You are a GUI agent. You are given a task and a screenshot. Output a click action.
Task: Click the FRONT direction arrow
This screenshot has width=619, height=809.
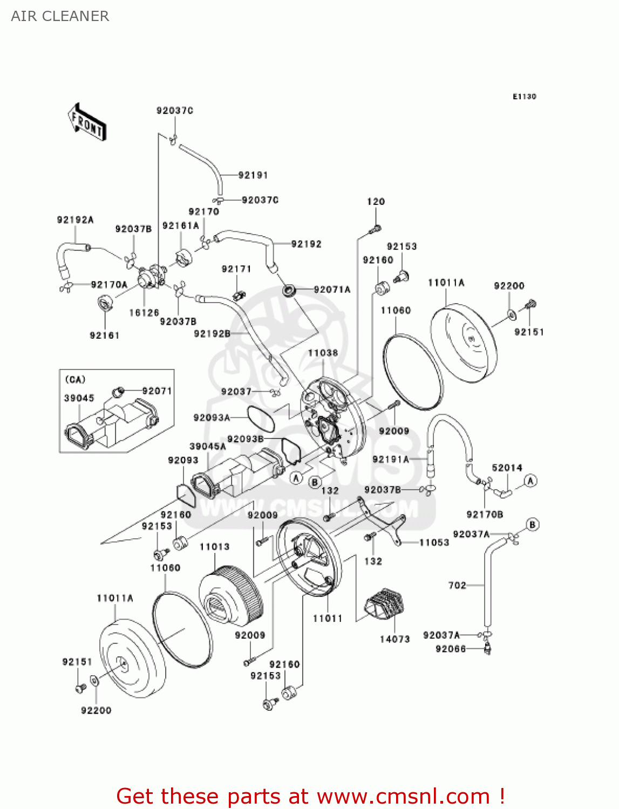click(x=86, y=122)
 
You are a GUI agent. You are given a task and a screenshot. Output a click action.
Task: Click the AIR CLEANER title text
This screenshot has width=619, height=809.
click(x=60, y=16)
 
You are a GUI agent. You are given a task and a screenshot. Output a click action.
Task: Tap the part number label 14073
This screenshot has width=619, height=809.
click(x=394, y=639)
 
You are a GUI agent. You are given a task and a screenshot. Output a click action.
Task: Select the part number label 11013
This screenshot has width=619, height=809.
click(x=214, y=547)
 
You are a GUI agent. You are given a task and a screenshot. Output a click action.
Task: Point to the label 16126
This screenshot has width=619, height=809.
click(x=144, y=313)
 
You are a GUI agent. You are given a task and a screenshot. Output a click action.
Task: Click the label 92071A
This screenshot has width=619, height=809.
click(x=332, y=290)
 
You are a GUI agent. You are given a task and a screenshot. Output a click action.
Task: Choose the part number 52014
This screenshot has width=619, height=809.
click(x=507, y=468)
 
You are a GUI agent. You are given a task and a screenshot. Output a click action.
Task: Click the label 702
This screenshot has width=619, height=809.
click(x=457, y=585)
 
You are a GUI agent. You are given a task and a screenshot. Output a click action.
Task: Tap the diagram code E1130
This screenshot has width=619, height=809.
click(x=524, y=97)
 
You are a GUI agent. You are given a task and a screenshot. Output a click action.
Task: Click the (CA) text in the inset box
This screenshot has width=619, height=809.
click(x=76, y=380)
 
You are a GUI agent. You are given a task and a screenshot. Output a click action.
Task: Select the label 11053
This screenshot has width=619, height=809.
click(x=434, y=543)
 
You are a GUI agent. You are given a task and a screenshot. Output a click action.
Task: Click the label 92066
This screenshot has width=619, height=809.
click(x=451, y=649)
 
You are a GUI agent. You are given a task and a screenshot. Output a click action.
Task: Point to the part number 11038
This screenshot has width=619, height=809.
click(x=323, y=353)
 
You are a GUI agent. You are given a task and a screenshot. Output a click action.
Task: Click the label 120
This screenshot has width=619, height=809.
click(x=376, y=202)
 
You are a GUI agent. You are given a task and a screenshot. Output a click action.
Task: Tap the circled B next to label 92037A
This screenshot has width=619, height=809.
click(x=533, y=524)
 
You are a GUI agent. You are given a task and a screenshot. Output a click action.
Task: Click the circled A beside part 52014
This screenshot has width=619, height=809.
click(x=530, y=481)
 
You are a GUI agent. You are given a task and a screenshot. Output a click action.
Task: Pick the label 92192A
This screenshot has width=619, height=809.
click(x=75, y=220)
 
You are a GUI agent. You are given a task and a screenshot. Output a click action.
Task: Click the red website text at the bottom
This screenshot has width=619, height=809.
click(x=310, y=796)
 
